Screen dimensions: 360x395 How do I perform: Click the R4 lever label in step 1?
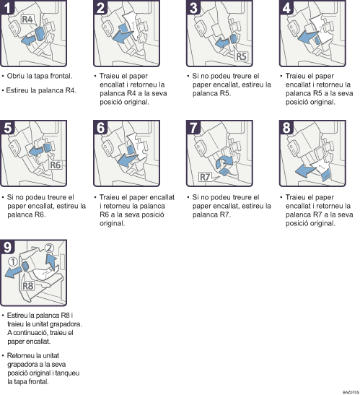(x=28, y=19)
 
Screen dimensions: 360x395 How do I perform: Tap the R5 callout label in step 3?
(x=241, y=56)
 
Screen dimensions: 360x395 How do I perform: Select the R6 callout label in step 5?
(x=55, y=165)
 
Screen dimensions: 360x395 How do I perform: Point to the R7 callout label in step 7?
(x=205, y=177)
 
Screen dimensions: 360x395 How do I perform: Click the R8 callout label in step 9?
(x=27, y=286)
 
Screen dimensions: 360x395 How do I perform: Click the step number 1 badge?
(x=7, y=7)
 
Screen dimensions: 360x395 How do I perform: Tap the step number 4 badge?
(x=286, y=7)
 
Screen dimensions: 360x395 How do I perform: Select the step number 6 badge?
(x=101, y=128)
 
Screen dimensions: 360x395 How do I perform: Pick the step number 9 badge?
(x=7, y=247)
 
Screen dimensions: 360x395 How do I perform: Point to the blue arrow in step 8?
(x=306, y=170)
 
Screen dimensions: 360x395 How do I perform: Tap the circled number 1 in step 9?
(x=13, y=261)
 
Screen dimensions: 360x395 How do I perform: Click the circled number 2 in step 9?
(x=49, y=248)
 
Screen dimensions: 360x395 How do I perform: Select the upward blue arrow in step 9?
(x=51, y=262)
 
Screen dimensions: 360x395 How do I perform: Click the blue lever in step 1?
(x=40, y=34)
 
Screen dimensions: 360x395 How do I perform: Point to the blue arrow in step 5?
(x=36, y=151)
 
